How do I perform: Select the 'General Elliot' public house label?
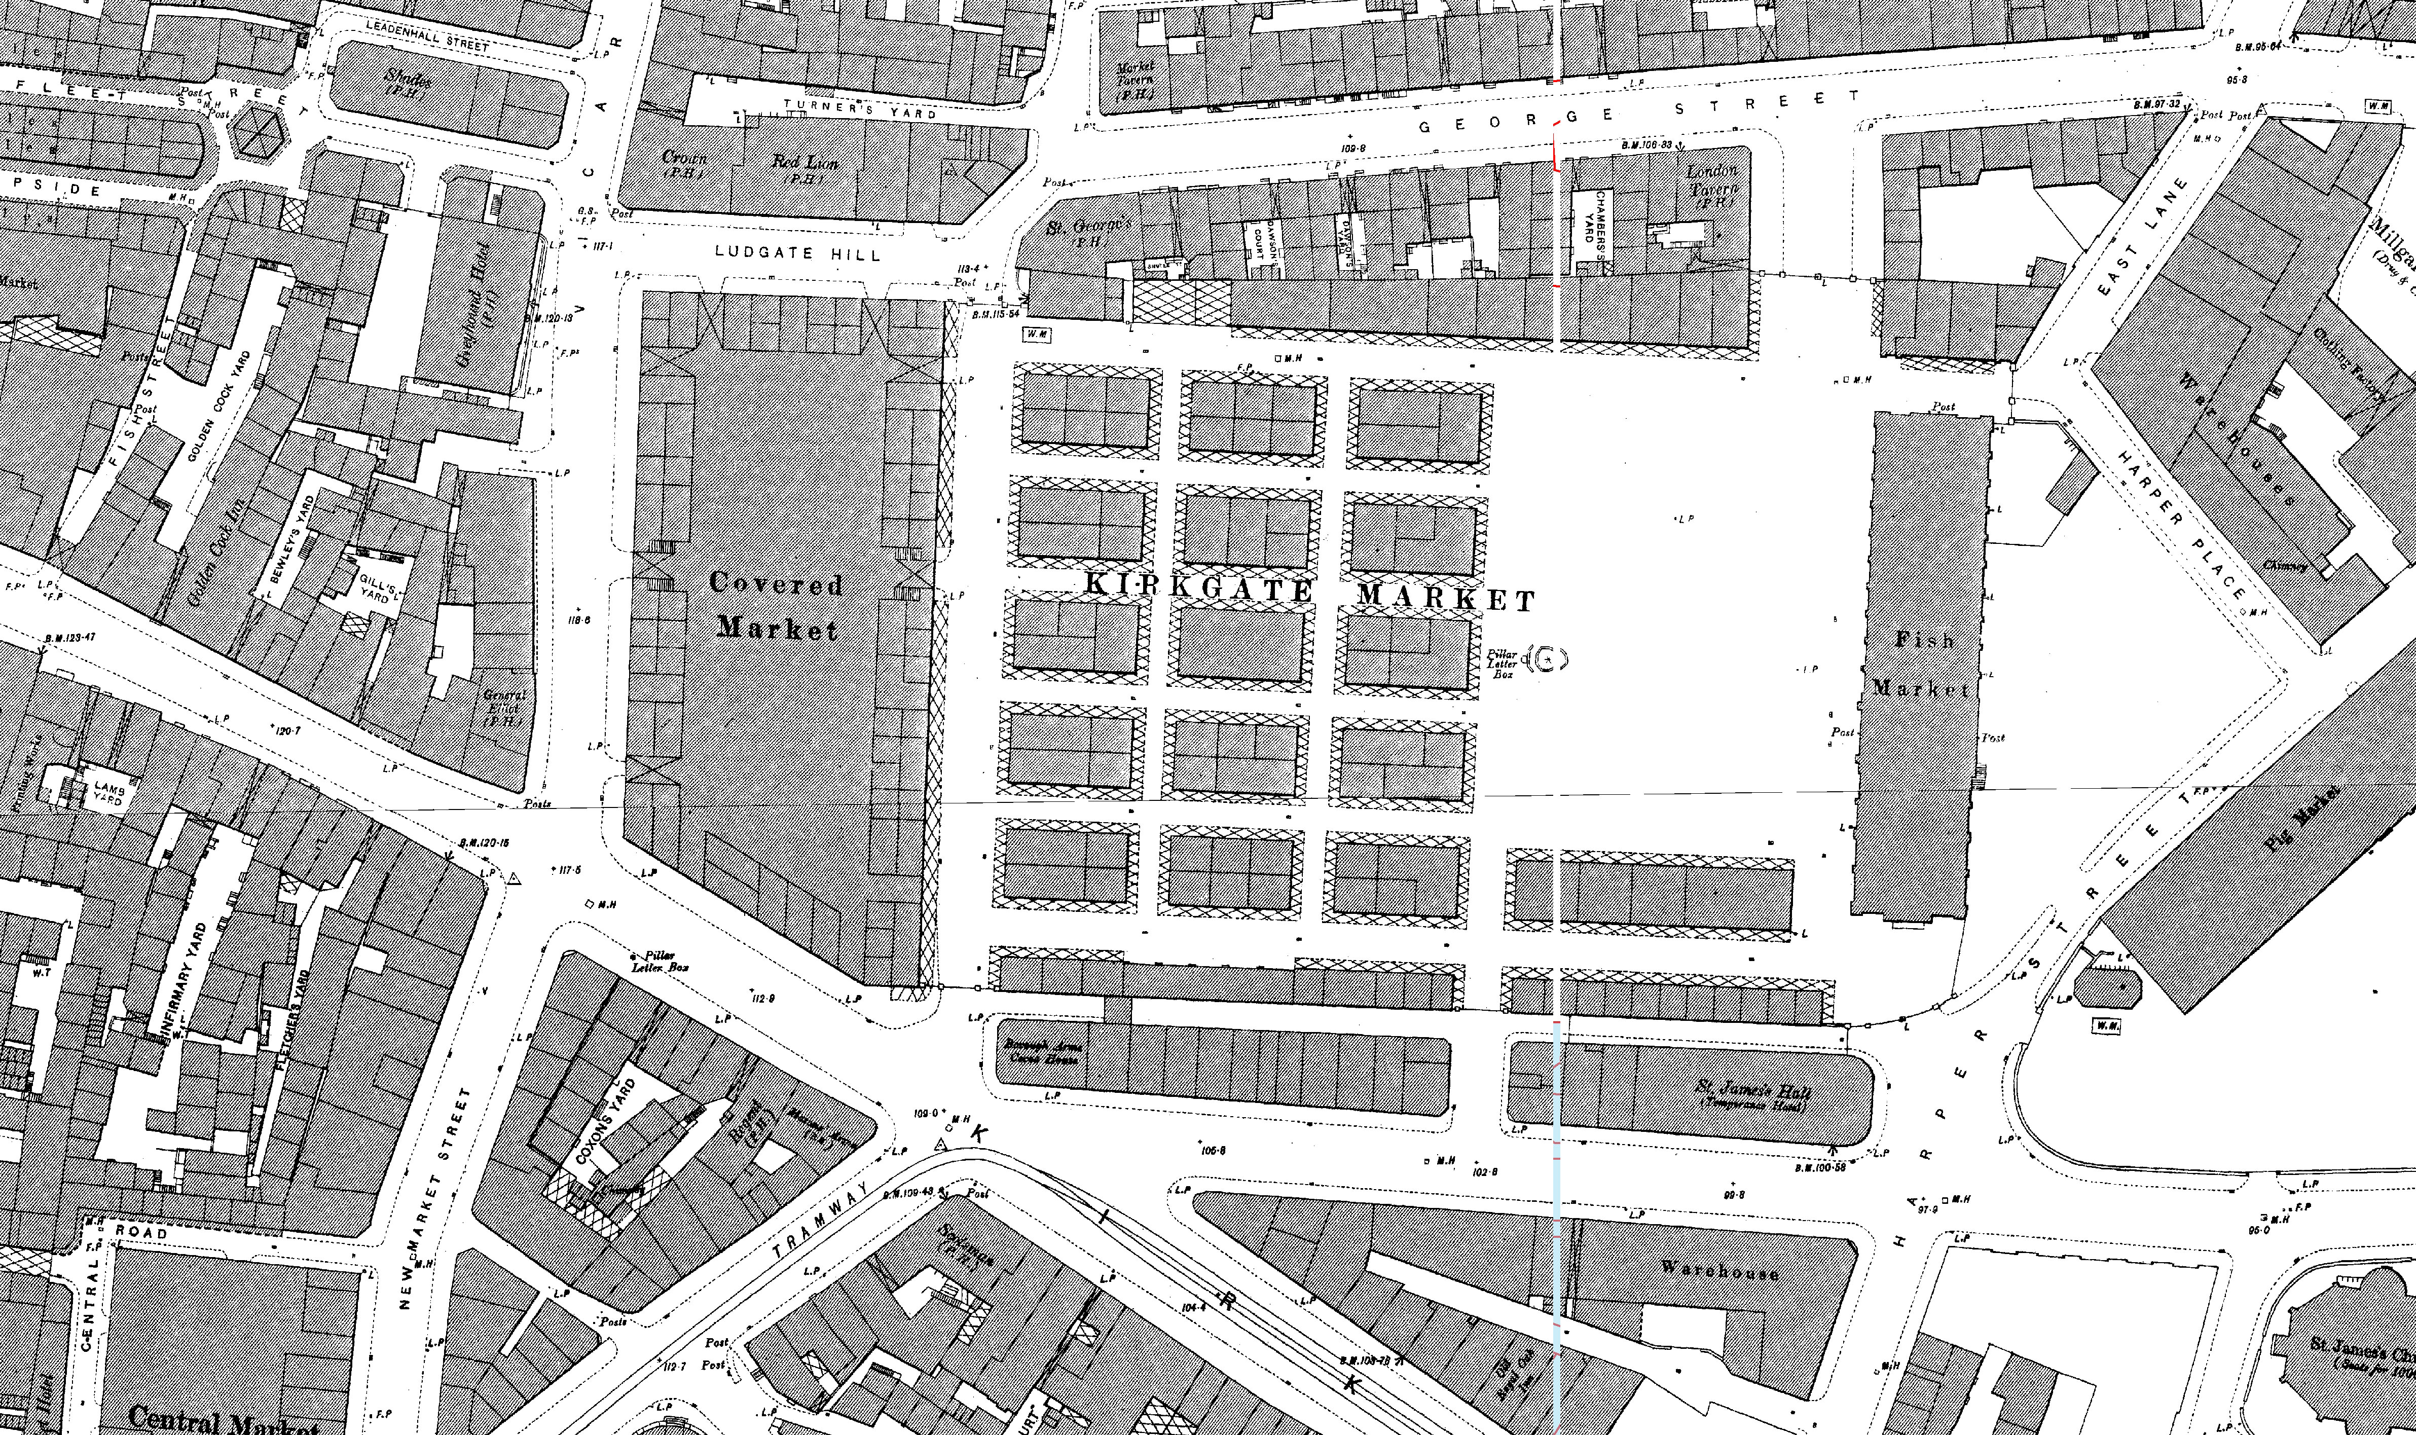[505, 707]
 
